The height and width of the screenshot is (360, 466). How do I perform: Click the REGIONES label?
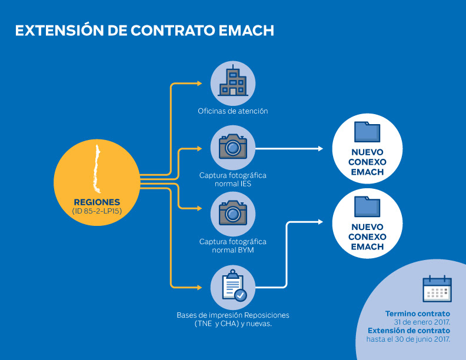pos(96,201)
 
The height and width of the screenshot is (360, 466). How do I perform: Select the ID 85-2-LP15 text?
pos(96,211)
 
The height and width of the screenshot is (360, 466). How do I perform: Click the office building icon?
pos(233,83)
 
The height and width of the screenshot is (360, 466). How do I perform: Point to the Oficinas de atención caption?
pos(233,111)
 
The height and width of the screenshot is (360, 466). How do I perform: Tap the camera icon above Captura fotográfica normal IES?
pos(233,147)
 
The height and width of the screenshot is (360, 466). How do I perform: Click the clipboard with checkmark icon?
pos(233,286)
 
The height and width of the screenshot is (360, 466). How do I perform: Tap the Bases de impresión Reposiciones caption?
pos(233,315)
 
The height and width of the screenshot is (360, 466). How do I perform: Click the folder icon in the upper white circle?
pos(367,131)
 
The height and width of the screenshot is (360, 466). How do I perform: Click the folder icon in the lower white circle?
pos(367,206)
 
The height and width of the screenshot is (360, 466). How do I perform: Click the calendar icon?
pos(437,289)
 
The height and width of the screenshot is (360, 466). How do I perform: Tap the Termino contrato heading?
pos(418,314)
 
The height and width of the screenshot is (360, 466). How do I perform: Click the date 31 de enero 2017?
pos(421,322)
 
